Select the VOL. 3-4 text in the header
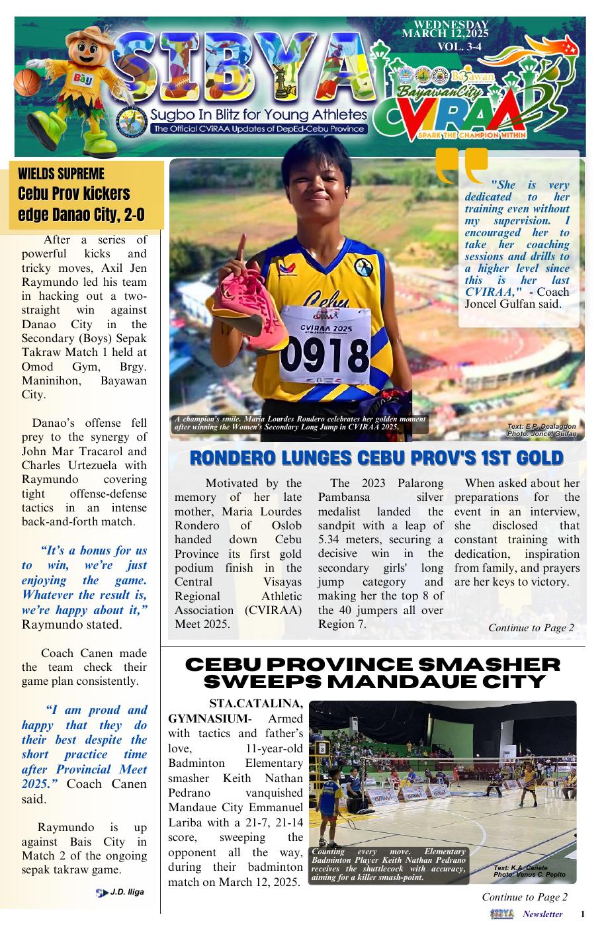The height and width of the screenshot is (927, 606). (459, 46)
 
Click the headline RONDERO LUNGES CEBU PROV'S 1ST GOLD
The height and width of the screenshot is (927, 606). (376, 458)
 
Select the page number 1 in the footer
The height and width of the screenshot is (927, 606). (582, 914)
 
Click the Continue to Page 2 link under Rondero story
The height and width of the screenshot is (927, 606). (531, 627)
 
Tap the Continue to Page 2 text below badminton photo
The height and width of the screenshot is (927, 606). (524, 897)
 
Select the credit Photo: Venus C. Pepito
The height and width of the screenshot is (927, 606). (529, 874)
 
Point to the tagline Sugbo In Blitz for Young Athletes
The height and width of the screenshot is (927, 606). (259, 114)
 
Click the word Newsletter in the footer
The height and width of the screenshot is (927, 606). (542, 914)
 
